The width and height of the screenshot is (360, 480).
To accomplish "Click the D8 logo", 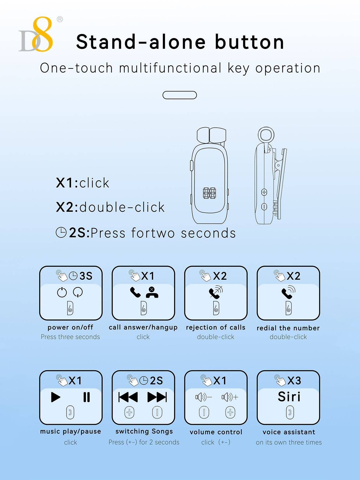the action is point(36,34).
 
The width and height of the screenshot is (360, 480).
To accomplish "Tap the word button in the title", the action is point(250,42).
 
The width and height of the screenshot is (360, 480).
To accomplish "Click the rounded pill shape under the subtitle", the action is point(180,95).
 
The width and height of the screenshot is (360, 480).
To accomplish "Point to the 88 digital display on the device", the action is point(210,193).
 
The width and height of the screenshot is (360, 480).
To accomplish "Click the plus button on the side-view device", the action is point(264,192).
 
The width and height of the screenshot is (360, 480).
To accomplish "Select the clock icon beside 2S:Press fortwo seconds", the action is point(61,233).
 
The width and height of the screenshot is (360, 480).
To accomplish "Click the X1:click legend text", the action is point(82,183).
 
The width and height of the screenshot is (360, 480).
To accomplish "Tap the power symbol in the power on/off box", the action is point(62,292).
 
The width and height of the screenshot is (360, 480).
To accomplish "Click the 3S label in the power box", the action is point(86,276).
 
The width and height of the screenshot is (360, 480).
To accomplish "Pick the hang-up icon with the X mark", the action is point(152,292).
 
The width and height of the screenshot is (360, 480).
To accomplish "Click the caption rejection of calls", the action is point(216,327).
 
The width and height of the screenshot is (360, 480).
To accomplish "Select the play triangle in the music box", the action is point(56,397).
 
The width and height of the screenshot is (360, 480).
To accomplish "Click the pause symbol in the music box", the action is point(87,397).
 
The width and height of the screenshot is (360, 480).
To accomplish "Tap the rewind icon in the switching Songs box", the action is point(128,397).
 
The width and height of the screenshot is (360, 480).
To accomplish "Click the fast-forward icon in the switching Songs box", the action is point(157,397).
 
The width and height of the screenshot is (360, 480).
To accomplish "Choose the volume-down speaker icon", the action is point(204,397).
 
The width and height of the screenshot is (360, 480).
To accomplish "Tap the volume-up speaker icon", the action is point(230,397).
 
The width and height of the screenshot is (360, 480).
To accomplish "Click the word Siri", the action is point(289,397).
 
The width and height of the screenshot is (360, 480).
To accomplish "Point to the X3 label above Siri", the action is point(294,381).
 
